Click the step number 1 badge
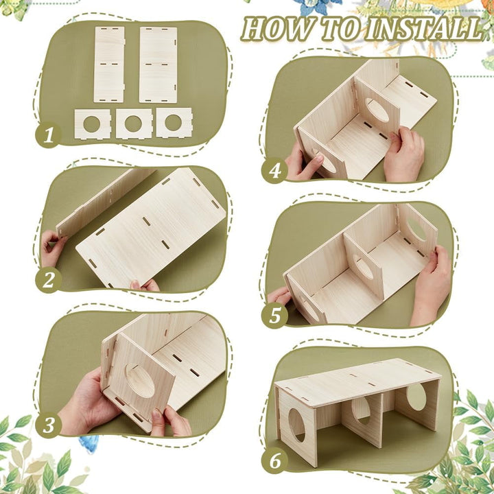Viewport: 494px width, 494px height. click(x=48, y=135)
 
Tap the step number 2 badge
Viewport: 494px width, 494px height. click(x=48, y=280)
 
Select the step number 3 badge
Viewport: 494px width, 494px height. click(x=48, y=425)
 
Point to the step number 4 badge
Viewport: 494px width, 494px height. click(x=274, y=170)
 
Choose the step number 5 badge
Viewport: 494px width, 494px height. click(x=274, y=316)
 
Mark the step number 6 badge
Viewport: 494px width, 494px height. click(x=274, y=460)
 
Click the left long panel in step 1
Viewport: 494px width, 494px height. click(x=109, y=64)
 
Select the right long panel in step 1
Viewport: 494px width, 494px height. click(x=158, y=65)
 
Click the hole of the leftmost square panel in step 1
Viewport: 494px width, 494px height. click(x=92, y=124)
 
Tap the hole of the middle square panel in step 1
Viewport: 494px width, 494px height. click(x=133, y=123)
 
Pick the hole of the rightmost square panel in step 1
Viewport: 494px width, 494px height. click(x=174, y=123)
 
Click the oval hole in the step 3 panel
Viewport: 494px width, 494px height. click(x=140, y=381)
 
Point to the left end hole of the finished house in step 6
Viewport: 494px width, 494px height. click(x=297, y=425)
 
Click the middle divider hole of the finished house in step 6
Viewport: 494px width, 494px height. click(x=361, y=410)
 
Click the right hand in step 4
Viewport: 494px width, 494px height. click(x=404, y=154)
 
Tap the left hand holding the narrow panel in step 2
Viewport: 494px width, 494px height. click(x=52, y=247)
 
